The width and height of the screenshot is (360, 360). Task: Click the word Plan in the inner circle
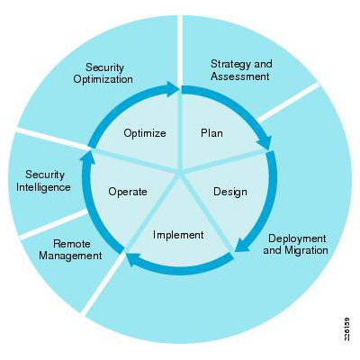211,132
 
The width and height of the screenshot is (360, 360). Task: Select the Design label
230,192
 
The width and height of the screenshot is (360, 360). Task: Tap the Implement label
178,235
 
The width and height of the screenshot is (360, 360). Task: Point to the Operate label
128,192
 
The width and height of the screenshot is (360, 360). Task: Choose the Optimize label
145,133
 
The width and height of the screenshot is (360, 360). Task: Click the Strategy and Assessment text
241,70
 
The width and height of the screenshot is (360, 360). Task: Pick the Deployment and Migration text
296,244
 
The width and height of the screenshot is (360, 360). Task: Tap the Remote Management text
70,249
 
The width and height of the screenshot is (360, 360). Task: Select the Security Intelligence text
43,181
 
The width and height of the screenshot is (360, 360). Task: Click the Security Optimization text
103,74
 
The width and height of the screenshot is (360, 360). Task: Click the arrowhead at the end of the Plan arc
265,143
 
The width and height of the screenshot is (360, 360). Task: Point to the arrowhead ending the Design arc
241,245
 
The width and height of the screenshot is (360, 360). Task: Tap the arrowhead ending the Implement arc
133,259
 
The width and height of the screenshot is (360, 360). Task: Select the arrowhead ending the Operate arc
88,157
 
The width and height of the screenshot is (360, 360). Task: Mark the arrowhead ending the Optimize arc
172,89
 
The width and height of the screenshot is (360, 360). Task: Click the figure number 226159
346,328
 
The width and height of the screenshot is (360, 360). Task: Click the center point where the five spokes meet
180,174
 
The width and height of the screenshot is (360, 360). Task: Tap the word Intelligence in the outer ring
43,187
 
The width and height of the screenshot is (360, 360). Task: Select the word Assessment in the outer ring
240,76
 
